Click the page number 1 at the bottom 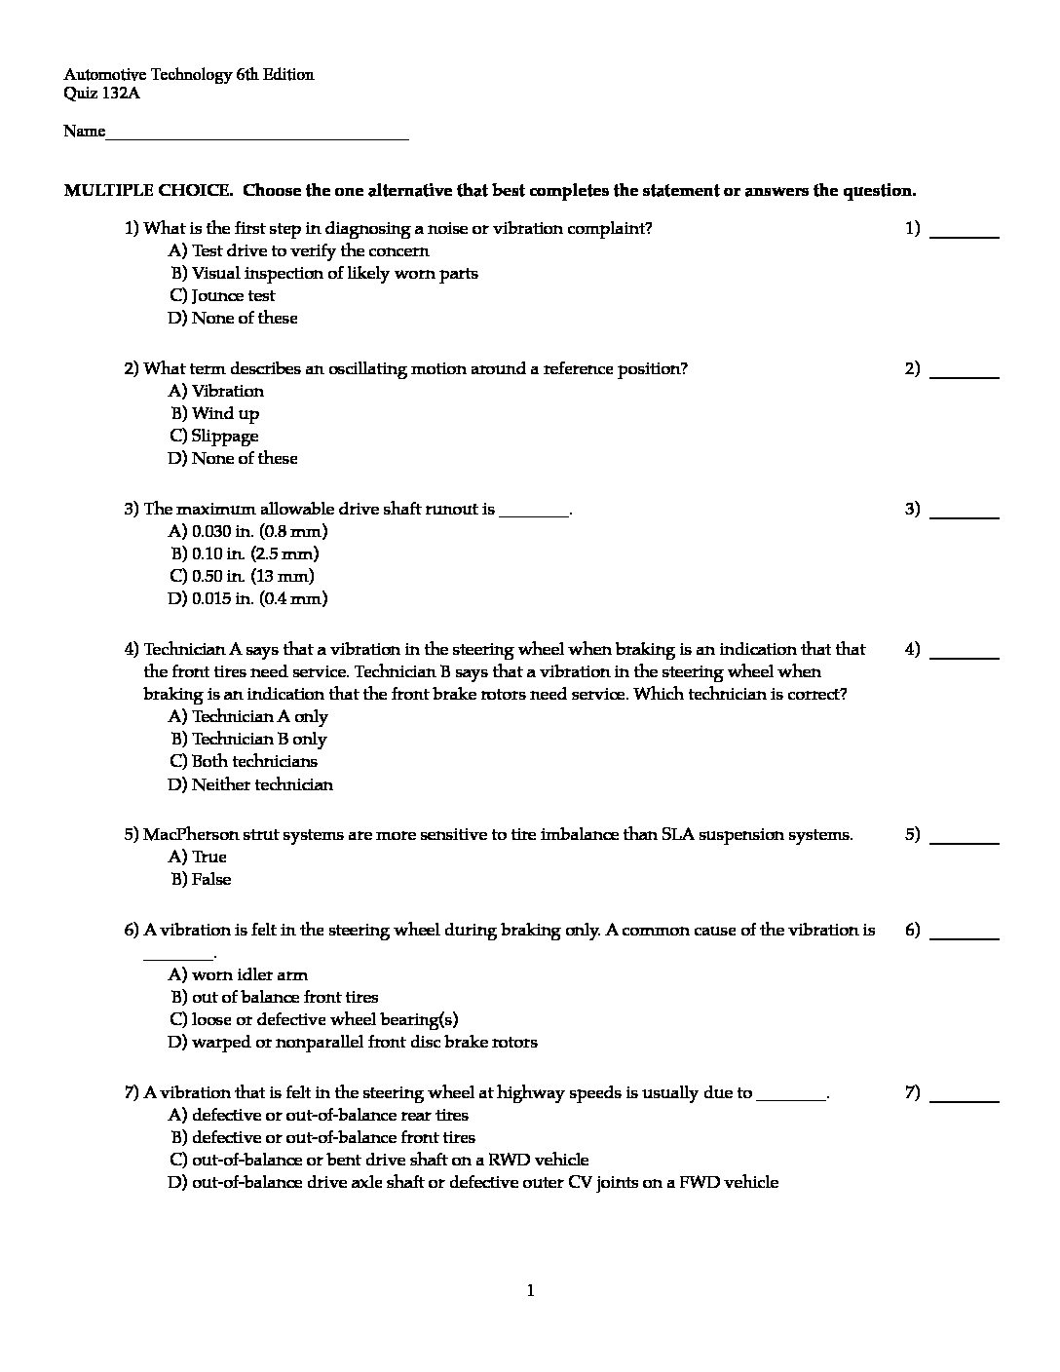(530, 1292)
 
